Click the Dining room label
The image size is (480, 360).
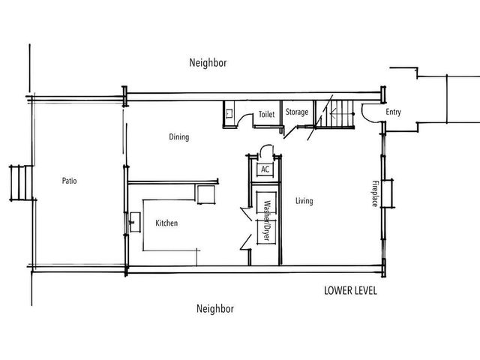[178, 137]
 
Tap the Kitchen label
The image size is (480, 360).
[166, 223]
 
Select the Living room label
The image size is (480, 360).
[304, 201]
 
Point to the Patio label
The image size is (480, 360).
[69, 181]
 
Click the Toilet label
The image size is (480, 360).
[266, 115]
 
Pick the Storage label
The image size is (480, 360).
[296, 112]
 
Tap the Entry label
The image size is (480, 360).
[394, 112]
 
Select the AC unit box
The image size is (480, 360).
[265, 169]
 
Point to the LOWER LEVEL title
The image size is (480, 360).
[350, 289]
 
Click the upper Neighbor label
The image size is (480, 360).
[208, 64]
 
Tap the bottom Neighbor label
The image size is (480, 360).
[214, 308]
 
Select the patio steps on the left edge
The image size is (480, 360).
[20, 182]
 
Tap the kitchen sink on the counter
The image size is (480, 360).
[134, 222]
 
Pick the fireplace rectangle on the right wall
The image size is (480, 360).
[387, 193]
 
